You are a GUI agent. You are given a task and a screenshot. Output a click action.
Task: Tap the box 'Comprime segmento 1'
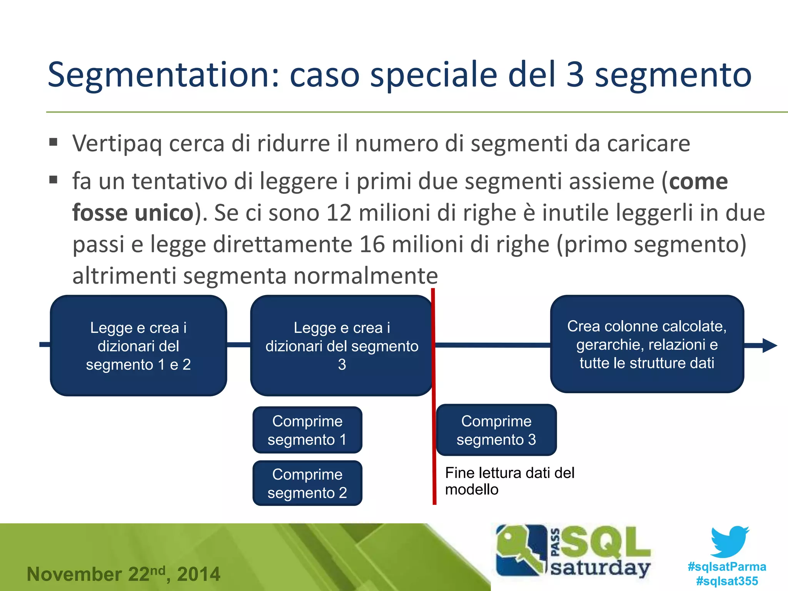point(307,430)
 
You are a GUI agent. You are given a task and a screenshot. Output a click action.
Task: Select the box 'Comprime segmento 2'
point(307,483)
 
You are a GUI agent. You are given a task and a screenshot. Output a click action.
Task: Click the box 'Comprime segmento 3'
point(496,430)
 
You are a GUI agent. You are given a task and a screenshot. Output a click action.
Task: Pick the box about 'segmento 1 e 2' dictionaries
point(138,346)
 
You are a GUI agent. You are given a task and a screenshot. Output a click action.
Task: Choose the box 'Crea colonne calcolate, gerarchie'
point(647,344)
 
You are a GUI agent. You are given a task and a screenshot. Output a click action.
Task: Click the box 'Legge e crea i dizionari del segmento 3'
point(341,346)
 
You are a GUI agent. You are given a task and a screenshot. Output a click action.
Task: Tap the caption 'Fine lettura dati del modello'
point(509,481)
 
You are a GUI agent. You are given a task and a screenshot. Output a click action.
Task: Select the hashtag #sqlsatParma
point(727,566)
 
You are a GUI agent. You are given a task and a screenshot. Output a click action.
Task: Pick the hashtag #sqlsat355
point(727,581)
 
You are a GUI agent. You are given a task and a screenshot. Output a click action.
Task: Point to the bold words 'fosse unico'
point(133,213)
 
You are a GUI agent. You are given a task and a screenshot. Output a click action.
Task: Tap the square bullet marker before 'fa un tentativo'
point(53,180)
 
